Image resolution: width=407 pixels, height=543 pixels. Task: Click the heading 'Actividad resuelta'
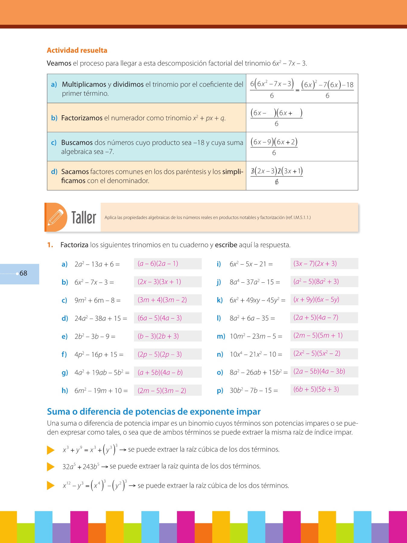pos(77,50)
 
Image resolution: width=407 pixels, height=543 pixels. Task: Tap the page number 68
pos(23,273)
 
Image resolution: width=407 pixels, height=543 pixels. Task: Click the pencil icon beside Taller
pos(56,217)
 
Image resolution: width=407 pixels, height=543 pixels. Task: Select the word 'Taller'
pos(84,218)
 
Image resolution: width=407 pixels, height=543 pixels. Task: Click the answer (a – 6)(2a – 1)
pos(158,264)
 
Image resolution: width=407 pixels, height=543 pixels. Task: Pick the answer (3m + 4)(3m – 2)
pos(162,300)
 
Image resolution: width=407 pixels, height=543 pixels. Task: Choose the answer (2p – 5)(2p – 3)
pos(159,354)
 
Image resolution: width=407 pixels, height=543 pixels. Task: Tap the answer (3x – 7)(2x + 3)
pos(315,264)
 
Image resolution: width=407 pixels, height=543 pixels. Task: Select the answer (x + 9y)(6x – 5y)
pos(316,300)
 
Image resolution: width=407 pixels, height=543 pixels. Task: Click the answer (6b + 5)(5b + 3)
pos(316,389)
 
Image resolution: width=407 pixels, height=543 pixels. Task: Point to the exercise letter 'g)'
pos(65,373)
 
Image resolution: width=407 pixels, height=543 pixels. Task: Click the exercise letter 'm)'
pos(221,336)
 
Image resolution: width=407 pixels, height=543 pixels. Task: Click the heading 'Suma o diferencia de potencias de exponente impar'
pos(153,411)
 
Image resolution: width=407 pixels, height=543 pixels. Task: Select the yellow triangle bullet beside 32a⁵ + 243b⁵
pos(51,467)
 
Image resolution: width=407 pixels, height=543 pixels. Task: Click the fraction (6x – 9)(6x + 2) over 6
pos(274,147)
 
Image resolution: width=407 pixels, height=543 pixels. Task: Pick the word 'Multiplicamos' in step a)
pos(84,84)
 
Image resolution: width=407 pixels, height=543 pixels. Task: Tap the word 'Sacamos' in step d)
pos(75,172)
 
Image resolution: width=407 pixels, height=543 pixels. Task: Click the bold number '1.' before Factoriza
pos(50,245)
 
